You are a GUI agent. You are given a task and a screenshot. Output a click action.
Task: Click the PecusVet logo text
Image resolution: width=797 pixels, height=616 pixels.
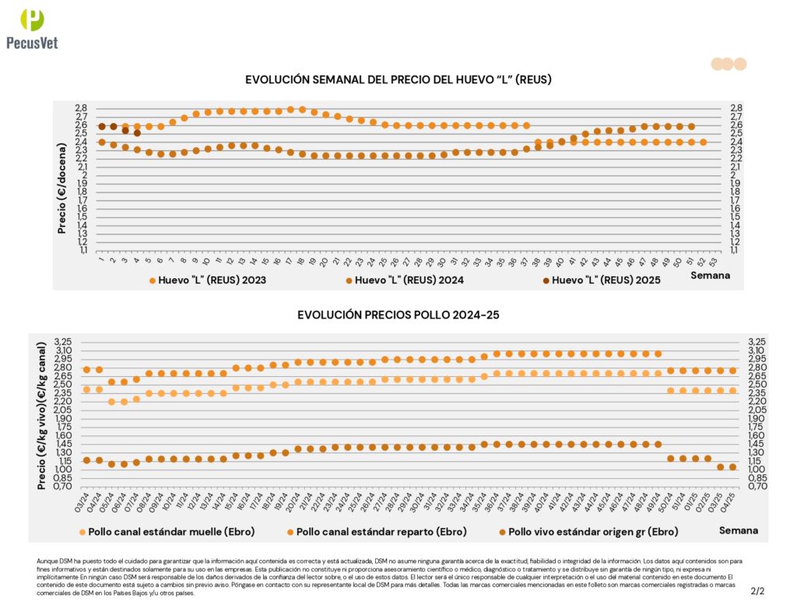pyautogui.click(x=31, y=43)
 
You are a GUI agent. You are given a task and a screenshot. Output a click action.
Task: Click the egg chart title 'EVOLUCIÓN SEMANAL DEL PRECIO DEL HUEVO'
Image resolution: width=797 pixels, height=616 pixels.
pyautogui.click(x=398, y=79)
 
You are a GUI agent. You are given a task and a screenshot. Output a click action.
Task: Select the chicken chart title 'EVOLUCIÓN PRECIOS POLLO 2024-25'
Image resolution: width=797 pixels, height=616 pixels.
pyautogui.click(x=398, y=315)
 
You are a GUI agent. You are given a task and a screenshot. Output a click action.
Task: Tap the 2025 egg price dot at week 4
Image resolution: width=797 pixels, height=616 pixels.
pyautogui.click(x=137, y=133)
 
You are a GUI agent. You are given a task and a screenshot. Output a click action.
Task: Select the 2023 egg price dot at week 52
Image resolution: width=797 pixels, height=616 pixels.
pyautogui.click(x=703, y=142)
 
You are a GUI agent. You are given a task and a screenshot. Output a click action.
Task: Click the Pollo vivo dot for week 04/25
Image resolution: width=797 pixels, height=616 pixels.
pyautogui.click(x=732, y=466)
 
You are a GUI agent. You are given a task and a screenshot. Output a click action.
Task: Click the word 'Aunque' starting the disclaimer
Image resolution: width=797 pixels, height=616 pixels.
pyautogui.click(x=47, y=561)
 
